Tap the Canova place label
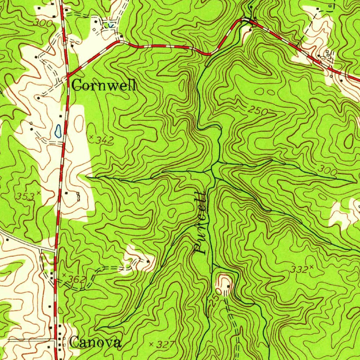[x=96, y=342]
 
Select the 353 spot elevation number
[x=25, y=196]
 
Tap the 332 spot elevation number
[x=300, y=270]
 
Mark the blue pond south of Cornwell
[x=58, y=130]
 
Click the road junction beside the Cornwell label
[x=67, y=75]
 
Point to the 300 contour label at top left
[x=43, y=24]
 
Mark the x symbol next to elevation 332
[x=311, y=268]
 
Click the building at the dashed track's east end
[x=148, y=261]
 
